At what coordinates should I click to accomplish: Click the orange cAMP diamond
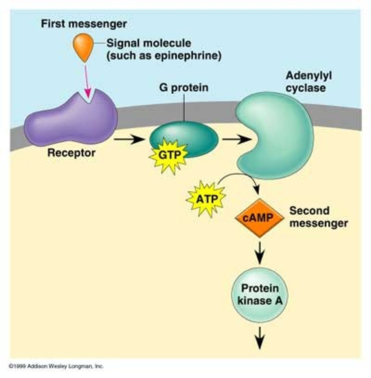(259, 218)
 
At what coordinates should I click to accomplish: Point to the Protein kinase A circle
(260, 295)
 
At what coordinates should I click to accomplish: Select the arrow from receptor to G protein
(129, 139)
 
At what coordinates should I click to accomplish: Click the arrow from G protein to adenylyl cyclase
(236, 139)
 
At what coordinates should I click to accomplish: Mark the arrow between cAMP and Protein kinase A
(260, 252)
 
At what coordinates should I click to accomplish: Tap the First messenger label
(84, 24)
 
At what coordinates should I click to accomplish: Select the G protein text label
(183, 87)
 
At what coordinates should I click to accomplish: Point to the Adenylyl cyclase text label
(308, 82)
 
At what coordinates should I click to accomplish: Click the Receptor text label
(71, 153)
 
